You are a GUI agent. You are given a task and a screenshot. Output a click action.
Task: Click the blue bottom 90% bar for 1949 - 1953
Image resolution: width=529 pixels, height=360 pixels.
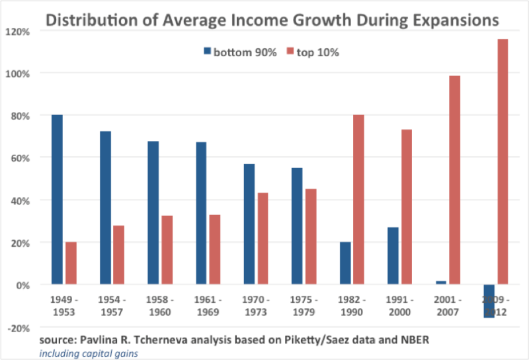point(57,200)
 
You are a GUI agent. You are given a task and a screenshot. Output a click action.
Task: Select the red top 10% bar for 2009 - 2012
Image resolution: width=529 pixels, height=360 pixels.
point(503,162)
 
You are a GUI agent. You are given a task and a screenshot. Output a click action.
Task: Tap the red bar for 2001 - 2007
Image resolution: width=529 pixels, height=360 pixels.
point(455,180)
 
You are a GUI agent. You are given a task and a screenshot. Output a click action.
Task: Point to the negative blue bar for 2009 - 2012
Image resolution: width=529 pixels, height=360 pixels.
point(489,301)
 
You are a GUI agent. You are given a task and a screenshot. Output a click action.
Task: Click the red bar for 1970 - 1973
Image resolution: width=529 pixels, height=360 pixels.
point(263,239)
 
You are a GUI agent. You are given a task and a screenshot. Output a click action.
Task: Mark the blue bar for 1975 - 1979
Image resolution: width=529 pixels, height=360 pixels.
point(296,226)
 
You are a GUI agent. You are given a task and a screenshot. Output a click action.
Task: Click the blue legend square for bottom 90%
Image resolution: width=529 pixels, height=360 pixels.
point(207,52)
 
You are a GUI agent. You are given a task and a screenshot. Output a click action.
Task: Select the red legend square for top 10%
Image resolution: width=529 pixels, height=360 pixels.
point(290,52)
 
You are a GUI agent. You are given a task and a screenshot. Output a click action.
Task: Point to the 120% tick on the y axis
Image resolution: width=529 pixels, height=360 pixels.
point(19,31)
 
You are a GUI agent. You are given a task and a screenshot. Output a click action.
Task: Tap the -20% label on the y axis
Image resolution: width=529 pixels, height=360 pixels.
point(19,327)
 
